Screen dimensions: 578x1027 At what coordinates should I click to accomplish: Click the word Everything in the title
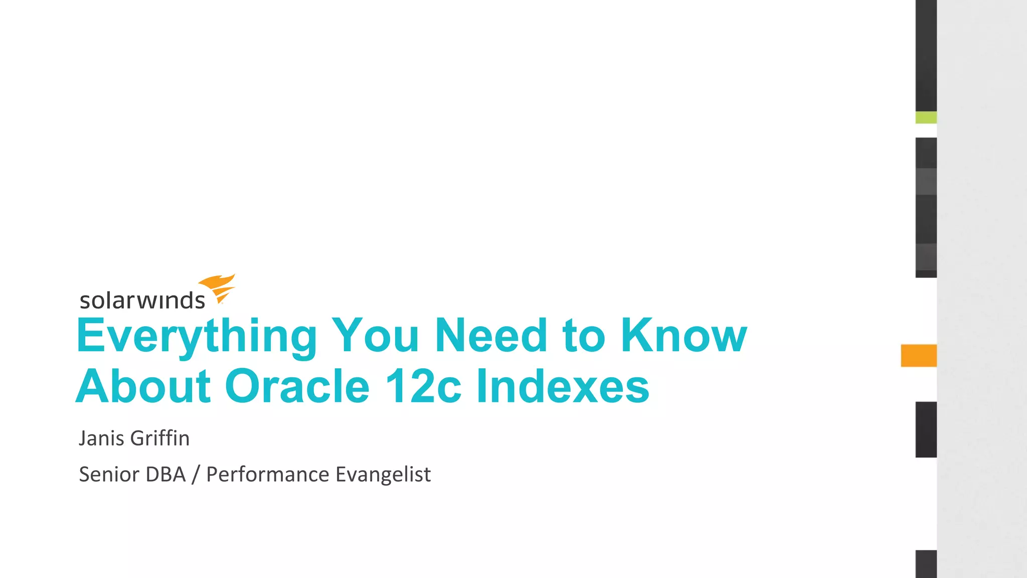point(197,336)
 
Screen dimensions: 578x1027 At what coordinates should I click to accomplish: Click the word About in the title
point(143,386)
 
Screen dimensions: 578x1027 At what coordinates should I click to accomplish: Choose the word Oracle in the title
point(297,386)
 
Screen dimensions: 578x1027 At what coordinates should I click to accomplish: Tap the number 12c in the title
point(423,386)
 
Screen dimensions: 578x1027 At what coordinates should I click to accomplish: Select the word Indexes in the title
point(563,386)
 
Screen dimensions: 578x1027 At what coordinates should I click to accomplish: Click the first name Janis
point(102,438)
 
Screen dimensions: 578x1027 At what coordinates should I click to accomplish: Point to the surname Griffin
point(160,438)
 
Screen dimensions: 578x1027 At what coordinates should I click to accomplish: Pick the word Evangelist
point(383,474)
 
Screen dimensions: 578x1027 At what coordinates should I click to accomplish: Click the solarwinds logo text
point(142,300)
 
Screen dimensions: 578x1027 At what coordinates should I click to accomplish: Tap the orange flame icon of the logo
point(218,287)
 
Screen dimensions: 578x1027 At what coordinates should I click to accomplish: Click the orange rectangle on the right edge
point(919,355)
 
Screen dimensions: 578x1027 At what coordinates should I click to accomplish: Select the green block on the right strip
point(926,117)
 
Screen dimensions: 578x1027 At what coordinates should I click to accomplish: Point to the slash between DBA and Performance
point(196,474)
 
